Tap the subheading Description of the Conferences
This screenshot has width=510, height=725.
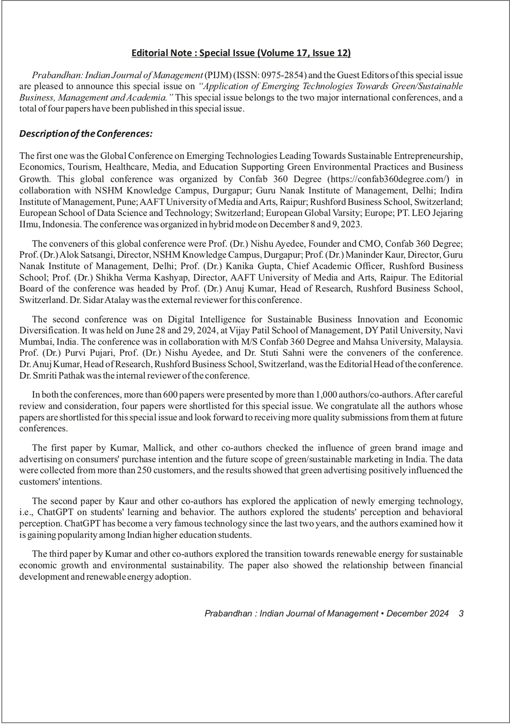point(86,134)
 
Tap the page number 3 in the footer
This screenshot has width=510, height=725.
point(461,614)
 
